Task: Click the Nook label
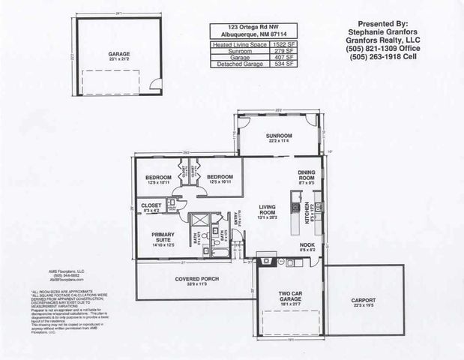[x=307, y=244]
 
